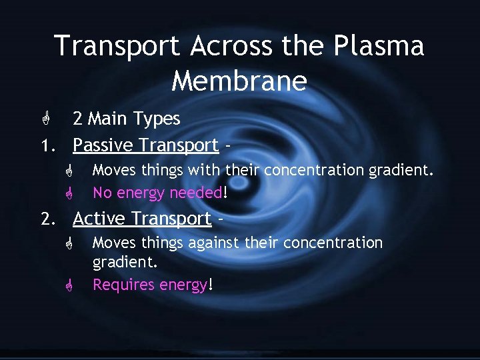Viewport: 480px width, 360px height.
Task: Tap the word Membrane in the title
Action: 239,81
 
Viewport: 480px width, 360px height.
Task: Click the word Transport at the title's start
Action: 117,47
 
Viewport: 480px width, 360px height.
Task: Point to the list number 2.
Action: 45,219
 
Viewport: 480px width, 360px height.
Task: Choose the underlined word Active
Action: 98,219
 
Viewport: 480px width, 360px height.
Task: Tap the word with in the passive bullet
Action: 204,171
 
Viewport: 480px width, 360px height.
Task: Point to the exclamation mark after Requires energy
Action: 211,285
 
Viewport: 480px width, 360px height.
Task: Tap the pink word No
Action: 102,193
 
